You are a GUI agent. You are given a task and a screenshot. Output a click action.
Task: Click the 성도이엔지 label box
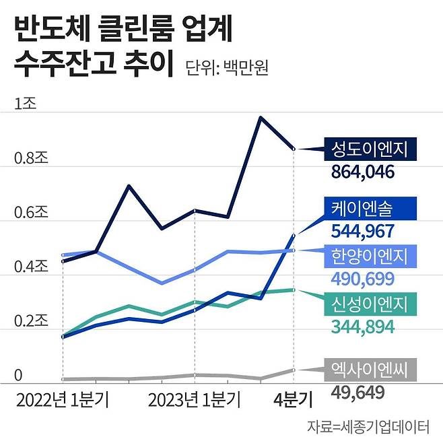pyautogui.click(x=370, y=149)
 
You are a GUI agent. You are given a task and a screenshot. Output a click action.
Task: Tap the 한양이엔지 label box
pyautogui.click(x=370, y=256)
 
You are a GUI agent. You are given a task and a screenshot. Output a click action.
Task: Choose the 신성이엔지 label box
pyautogui.click(x=370, y=304)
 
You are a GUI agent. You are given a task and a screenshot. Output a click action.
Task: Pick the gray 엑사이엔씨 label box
pyautogui.click(x=370, y=369)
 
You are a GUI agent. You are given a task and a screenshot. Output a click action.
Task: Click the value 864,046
pyautogui.click(x=362, y=172)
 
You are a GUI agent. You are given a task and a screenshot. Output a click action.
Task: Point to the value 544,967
pyautogui.click(x=362, y=231)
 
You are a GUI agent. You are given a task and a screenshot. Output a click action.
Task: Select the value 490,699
pyautogui.click(x=362, y=279)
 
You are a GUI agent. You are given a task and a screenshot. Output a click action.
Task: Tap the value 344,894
pyautogui.click(x=362, y=327)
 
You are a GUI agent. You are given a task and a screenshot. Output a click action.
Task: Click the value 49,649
pyautogui.click(x=357, y=392)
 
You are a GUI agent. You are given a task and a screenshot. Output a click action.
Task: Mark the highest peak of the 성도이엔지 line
pyautogui.click(x=261, y=118)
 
